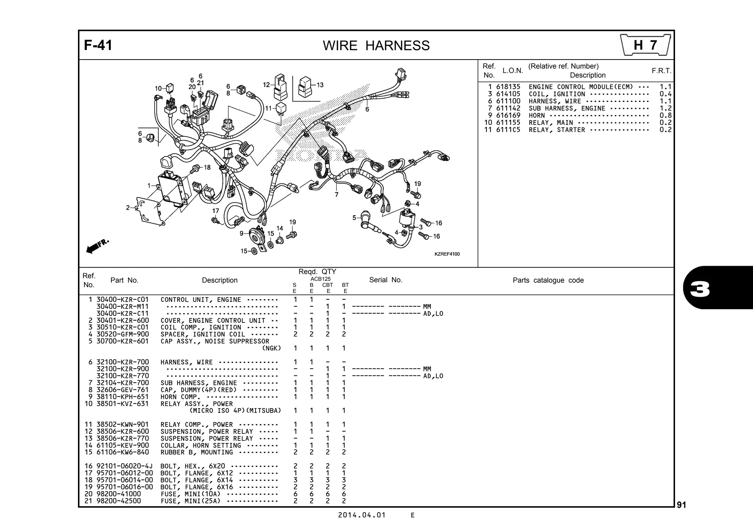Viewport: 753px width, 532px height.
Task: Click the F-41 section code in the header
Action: [x=98, y=45]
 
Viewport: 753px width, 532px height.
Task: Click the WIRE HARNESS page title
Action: [x=376, y=46]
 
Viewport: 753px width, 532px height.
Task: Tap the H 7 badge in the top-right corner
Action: [x=645, y=45]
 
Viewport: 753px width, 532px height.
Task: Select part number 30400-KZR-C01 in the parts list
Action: [x=122, y=300]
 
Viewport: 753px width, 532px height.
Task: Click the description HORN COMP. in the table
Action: [x=181, y=397]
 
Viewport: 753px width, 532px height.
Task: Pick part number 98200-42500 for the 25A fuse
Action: [x=118, y=501]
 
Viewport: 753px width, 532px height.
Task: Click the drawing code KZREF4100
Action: [x=447, y=254]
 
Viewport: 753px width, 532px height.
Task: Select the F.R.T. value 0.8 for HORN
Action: [x=665, y=115]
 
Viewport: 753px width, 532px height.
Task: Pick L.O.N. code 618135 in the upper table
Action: [x=508, y=87]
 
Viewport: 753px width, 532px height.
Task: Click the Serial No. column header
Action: [x=385, y=280]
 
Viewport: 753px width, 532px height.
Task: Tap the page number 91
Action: [x=681, y=505]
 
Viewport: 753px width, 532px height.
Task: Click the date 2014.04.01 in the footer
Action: [x=362, y=515]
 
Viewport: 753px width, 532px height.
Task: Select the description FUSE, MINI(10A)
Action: [x=190, y=494]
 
